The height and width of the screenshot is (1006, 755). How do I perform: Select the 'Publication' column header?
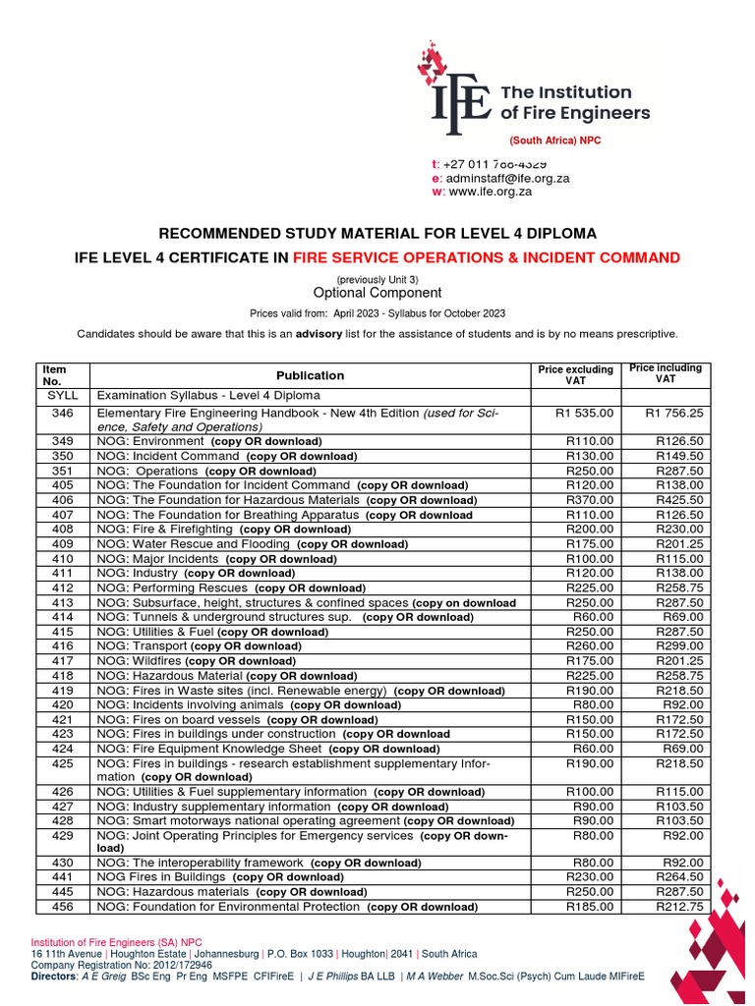click(x=311, y=375)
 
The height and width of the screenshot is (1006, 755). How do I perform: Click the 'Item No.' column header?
click(x=55, y=375)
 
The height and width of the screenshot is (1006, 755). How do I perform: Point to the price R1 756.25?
click(x=673, y=414)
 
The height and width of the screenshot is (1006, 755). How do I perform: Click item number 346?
click(x=63, y=414)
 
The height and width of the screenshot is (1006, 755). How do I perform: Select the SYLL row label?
click(x=63, y=395)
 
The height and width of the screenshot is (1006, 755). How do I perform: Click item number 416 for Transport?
click(x=63, y=646)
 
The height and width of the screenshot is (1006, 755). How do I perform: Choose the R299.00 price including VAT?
click(x=679, y=646)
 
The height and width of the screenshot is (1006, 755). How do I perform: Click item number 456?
click(x=63, y=907)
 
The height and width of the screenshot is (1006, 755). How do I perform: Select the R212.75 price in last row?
click(x=679, y=907)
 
